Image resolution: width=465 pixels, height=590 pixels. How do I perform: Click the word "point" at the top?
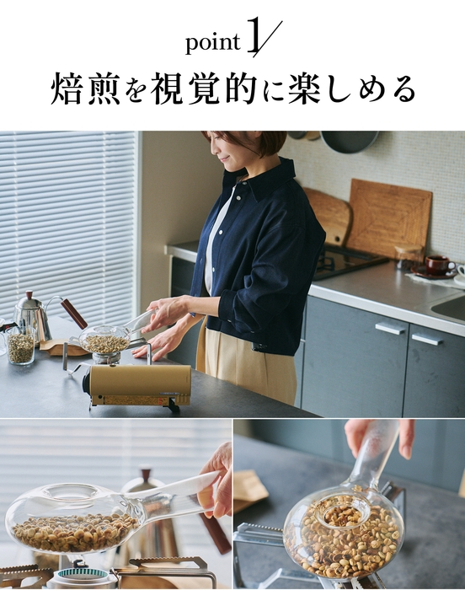211,41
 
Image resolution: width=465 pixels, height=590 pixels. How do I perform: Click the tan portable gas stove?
139,384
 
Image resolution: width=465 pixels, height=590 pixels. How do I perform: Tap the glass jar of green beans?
20,346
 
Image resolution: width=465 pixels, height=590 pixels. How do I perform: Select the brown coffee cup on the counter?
437,263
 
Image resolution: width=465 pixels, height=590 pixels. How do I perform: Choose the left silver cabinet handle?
389,327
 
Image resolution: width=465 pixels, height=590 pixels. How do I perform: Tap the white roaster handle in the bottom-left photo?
181,489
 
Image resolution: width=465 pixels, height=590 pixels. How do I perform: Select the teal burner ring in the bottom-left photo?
83,578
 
